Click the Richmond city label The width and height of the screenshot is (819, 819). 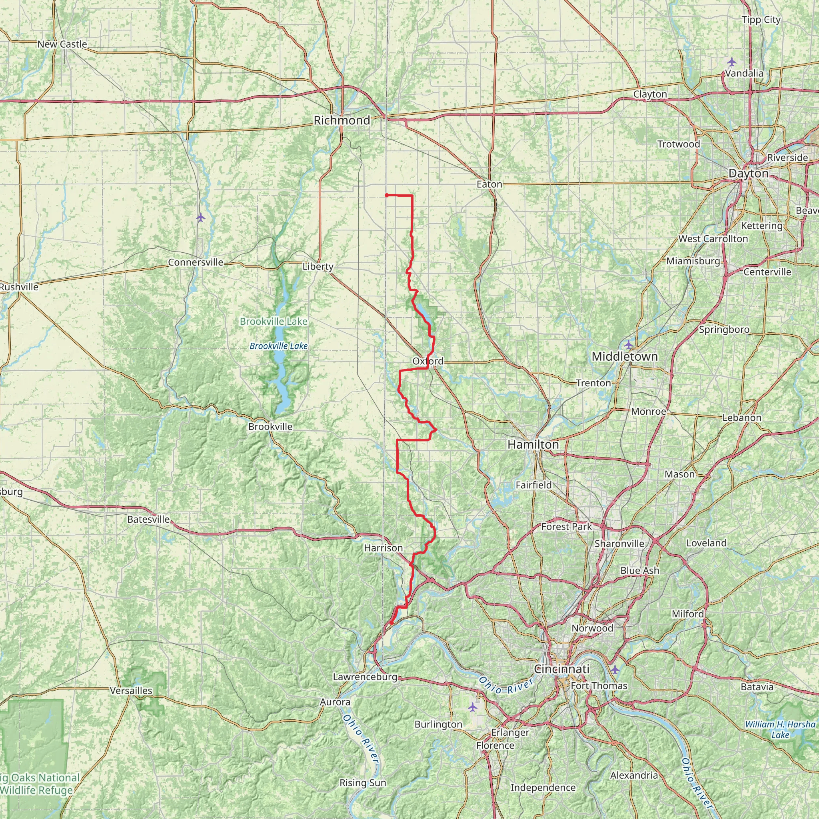[342, 120]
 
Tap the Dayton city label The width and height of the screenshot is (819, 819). [748, 174]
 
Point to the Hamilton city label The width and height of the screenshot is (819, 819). [533, 444]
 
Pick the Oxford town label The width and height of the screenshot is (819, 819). [428, 361]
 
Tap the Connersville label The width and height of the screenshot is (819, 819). [196, 262]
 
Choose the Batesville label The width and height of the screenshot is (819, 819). [148, 519]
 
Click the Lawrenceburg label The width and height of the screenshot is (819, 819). [365, 677]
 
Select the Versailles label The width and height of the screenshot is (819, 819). [131, 691]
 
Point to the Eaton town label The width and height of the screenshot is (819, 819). [489, 184]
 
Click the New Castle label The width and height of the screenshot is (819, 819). [62, 44]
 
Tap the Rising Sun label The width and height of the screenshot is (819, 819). [363, 783]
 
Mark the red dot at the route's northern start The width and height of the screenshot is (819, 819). [387, 196]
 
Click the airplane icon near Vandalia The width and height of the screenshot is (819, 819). [731, 62]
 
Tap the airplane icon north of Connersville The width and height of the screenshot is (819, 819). [200, 218]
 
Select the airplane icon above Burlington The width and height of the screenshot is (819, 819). [473, 707]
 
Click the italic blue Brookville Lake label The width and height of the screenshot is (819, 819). [278, 346]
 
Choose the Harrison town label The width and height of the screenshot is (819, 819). [383, 548]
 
